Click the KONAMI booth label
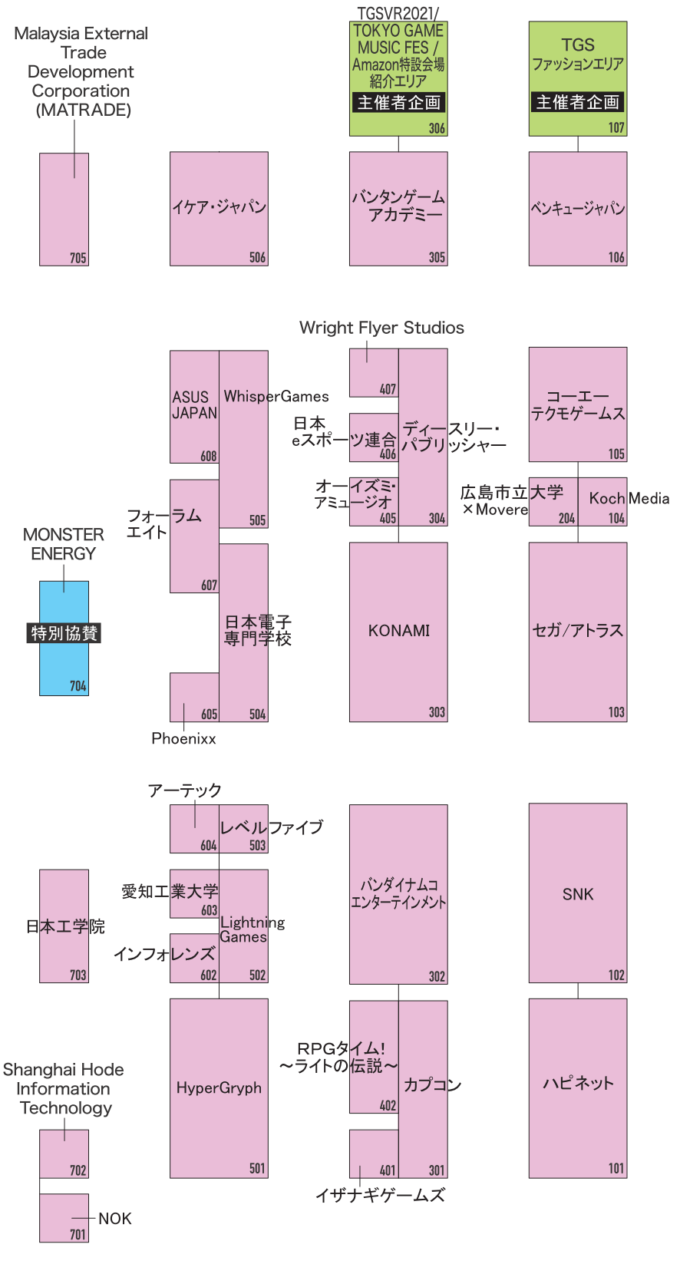point(398,631)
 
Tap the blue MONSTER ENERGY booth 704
point(64,668)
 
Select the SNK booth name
point(577,894)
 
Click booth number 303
point(437,712)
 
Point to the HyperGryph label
point(219,1087)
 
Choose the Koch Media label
point(629,498)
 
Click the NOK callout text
point(114,1219)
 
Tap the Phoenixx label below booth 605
point(183,738)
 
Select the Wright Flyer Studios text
point(381,328)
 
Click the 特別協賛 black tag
point(64,633)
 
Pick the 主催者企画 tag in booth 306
point(398,103)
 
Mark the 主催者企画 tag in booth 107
point(577,102)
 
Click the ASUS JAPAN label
point(194,405)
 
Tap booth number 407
point(388,389)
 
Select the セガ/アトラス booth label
point(577,631)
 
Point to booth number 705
point(78,258)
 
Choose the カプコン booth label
point(432,1084)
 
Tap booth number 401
point(388,1170)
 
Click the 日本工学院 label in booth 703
point(65,926)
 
